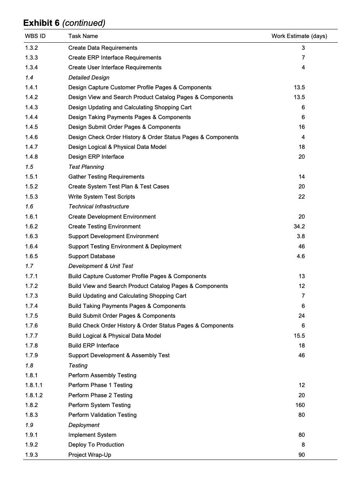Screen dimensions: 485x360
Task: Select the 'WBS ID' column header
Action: tap(35, 36)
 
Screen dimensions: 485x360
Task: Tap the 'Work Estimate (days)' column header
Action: tap(299, 36)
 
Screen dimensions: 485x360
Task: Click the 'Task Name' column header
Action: tap(83, 36)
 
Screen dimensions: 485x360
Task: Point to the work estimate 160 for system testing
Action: tap(300, 405)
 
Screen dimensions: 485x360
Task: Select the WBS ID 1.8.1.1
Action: tap(34, 385)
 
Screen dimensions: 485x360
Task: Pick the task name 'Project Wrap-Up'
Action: tap(90, 455)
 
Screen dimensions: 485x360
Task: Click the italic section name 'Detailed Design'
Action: tap(89, 78)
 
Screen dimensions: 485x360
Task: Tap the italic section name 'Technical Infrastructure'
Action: tap(98, 206)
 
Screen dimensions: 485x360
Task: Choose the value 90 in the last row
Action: tap(301, 455)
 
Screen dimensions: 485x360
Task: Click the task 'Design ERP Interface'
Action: tap(96, 157)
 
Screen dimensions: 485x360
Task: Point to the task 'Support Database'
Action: tap(92, 256)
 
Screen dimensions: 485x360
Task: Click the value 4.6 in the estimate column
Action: tap(301, 256)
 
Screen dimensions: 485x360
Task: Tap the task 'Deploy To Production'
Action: tap(96, 445)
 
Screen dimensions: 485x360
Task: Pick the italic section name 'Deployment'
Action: tap(84, 425)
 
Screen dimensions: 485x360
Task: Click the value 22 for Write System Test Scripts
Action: tap(301, 197)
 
